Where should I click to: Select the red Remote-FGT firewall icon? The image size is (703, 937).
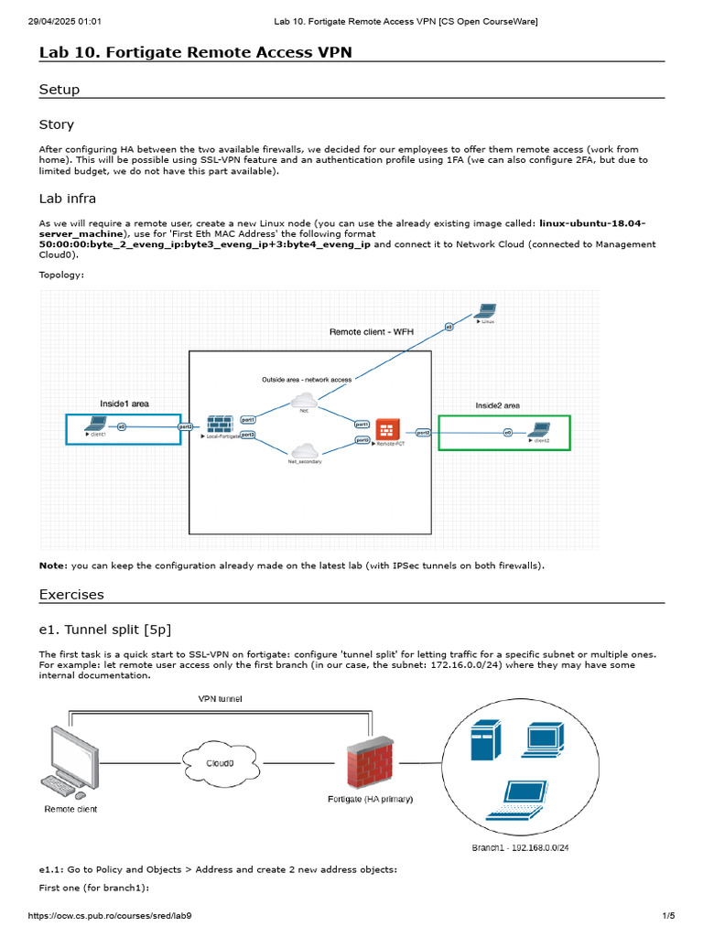(387, 431)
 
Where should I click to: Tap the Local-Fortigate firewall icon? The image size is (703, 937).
(220, 425)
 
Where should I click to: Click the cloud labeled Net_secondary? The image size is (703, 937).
(303, 450)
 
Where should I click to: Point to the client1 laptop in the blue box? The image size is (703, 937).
(95, 424)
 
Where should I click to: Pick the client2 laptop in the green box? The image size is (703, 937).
(541, 428)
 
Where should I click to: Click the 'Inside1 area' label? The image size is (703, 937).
(124, 403)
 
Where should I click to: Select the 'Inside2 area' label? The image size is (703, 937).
(497, 405)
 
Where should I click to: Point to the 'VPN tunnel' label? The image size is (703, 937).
(221, 697)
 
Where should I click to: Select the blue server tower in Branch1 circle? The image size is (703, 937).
(485, 740)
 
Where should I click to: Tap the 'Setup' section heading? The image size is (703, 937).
(59, 90)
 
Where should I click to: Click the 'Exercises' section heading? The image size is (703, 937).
(71, 595)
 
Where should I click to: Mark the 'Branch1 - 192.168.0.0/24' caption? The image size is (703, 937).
(520, 848)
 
